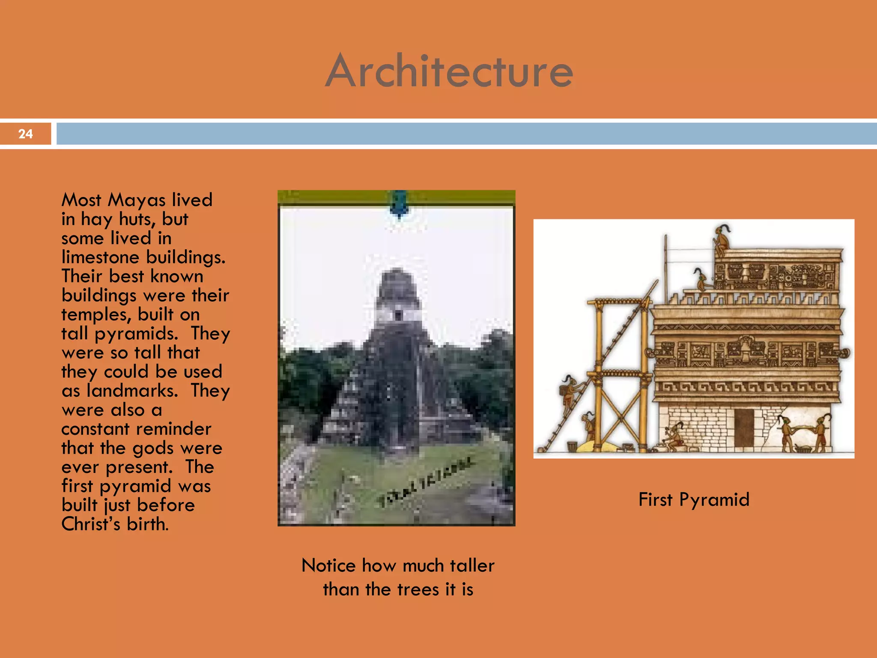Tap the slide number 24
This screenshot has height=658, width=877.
coord(25,134)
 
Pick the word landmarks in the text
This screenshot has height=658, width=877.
coord(132,391)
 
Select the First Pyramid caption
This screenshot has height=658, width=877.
coord(694,499)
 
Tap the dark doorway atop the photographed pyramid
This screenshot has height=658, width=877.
coord(398,315)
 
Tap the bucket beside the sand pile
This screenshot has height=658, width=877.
coord(572,447)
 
